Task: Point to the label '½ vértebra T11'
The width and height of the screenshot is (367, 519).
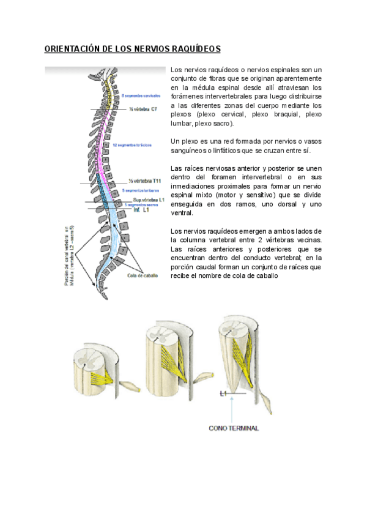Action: point(145,181)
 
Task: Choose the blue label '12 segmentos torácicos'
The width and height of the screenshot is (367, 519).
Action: point(132,146)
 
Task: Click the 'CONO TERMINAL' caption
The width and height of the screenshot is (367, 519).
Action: point(234,428)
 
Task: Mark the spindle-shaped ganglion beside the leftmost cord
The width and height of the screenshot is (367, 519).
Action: point(129,387)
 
